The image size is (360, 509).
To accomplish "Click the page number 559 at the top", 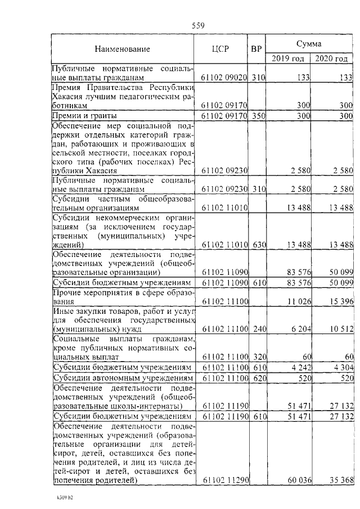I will pyautogui.click(x=197, y=25).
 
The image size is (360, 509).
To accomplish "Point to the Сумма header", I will pyautogui.click(x=309, y=43).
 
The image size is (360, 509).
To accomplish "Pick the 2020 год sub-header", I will pyautogui.click(x=331, y=58).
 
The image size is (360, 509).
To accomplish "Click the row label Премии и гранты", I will pyautogui.click(x=80, y=116).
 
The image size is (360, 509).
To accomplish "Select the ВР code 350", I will pyautogui.click(x=258, y=116).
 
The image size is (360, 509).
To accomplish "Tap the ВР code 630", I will pyautogui.click(x=258, y=244).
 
